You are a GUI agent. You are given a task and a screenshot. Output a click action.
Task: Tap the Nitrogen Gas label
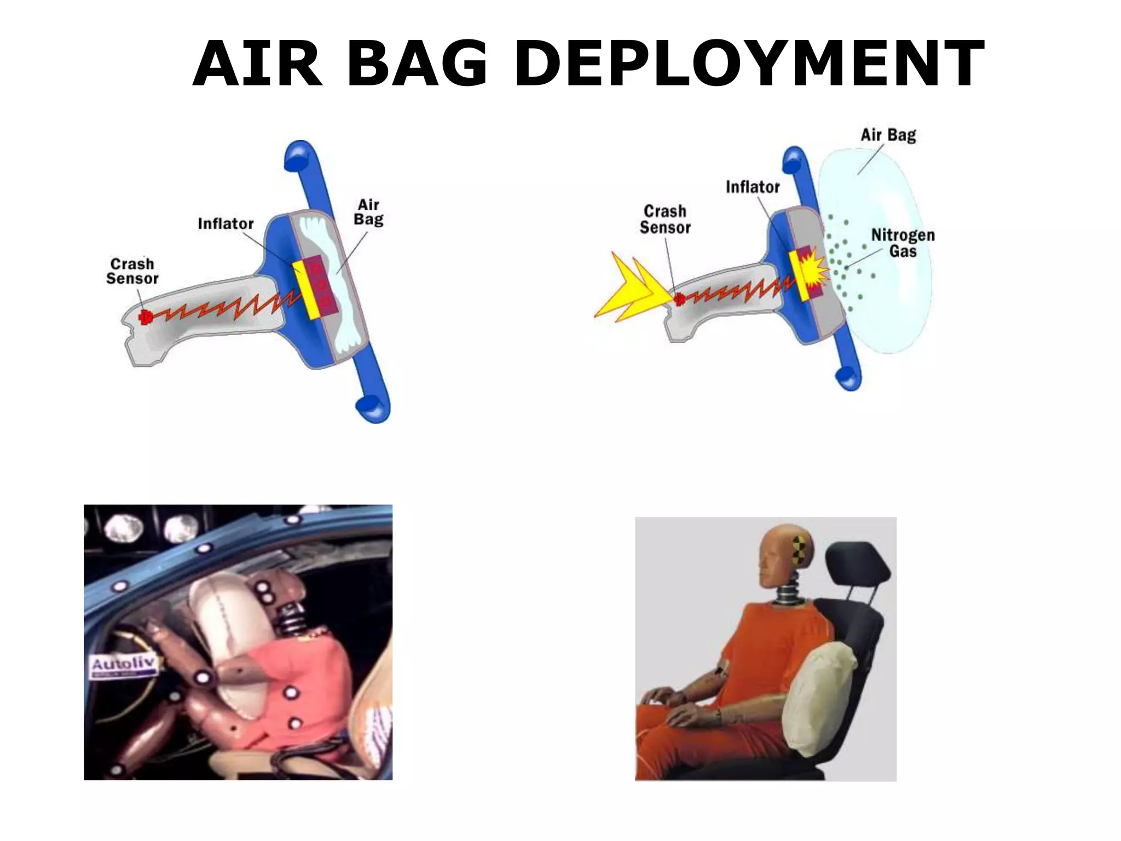(903, 243)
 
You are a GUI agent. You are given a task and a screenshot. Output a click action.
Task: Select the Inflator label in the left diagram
(226, 224)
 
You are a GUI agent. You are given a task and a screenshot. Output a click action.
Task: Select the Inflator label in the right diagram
(753, 187)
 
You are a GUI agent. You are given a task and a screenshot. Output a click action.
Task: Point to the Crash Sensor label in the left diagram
(132, 272)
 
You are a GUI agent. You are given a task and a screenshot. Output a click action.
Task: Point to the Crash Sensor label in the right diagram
(665, 219)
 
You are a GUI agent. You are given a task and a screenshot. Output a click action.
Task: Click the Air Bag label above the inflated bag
(888, 135)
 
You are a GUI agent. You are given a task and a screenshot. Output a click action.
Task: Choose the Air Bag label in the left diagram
(368, 212)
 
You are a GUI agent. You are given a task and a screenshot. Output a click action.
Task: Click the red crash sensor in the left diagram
(146, 317)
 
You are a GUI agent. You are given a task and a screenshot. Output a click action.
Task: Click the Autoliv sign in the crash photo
(123, 666)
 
